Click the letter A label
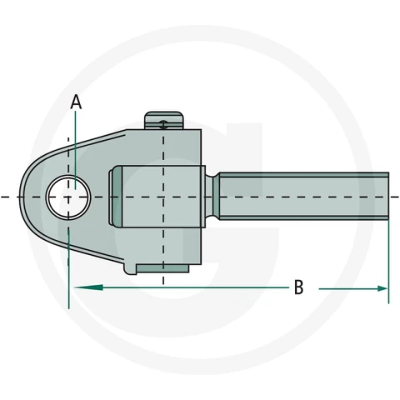(x=76, y=102)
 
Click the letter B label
(x=298, y=287)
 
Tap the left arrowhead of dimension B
(x=88, y=287)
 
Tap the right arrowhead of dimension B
(x=382, y=288)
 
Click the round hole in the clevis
(x=68, y=197)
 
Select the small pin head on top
(x=164, y=120)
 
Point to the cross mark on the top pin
(x=164, y=124)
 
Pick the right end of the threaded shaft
(x=388, y=197)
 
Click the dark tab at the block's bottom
(x=163, y=268)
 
